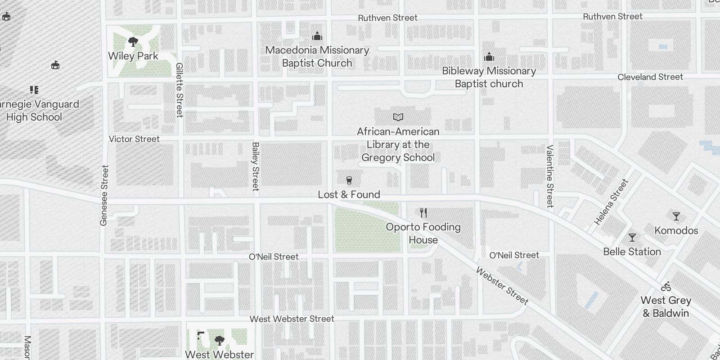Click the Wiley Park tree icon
click(133, 42)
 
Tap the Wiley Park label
click(133, 56)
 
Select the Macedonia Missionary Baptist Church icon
click(317, 36)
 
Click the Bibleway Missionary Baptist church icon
click(489, 57)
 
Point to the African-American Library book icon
click(398, 117)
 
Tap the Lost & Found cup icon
click(349, 180)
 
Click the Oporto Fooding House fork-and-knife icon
click(423, 212)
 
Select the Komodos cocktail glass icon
click(676, 216)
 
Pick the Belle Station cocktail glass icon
click(632, 237)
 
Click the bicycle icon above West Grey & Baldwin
click(666, 286)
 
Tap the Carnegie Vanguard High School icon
click(34, 90)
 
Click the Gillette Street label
click(180, 90)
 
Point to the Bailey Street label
click(256, 166)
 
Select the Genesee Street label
click(104, 195)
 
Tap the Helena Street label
click(611, 202)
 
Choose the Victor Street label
click(134, 139)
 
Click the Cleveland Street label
click(650, 77)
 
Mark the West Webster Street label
click(292, 319)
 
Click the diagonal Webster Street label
click(502, 286)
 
